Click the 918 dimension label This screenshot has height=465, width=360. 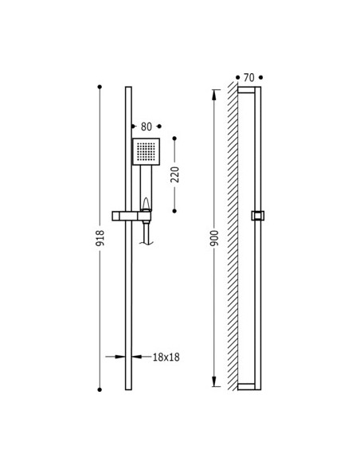tap(100, 238)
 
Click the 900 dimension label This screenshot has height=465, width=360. tap(214, 238)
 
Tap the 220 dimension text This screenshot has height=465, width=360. tap(175, 174)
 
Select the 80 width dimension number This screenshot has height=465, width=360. tap(147, 127)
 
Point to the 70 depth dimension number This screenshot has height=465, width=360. tap(249, 78)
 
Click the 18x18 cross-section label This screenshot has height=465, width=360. tap(166, 357)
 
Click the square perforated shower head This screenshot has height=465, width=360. tap(146, 151)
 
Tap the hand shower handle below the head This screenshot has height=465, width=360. tap(146, 188)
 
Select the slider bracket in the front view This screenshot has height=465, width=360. tap(131, 216)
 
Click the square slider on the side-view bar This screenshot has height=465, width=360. tap(258, 216)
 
